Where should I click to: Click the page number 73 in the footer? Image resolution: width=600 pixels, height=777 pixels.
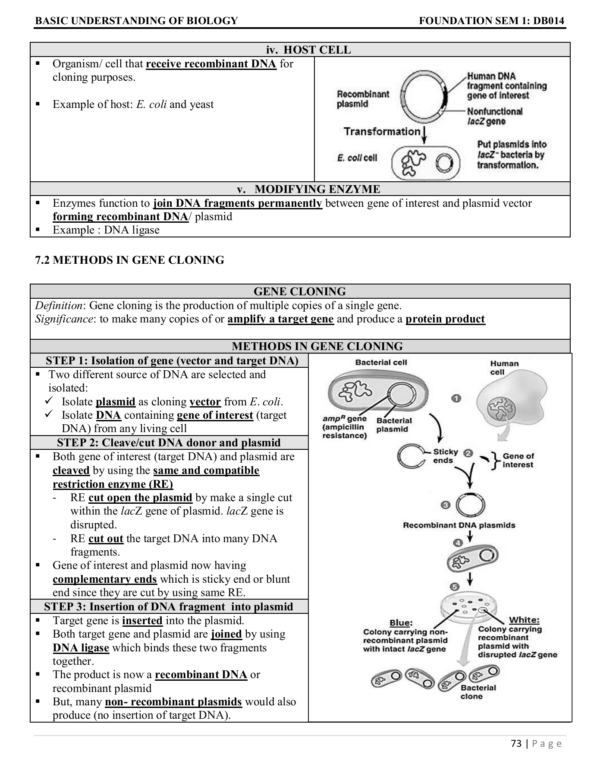516,743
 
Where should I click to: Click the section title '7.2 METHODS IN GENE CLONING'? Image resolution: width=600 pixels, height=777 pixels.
129,260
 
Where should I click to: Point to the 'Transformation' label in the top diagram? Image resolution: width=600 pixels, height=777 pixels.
382,131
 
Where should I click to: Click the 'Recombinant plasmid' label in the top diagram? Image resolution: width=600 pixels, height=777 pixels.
362,99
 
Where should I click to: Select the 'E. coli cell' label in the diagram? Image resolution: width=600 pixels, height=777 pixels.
357,158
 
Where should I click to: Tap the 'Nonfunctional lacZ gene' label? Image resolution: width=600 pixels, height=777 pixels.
494,117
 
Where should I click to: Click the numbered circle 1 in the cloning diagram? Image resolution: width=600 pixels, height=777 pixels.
456,398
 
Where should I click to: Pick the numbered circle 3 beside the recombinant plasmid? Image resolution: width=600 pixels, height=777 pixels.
445,505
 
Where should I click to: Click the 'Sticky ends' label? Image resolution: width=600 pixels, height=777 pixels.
445,456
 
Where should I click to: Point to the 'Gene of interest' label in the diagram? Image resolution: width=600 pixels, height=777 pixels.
518,460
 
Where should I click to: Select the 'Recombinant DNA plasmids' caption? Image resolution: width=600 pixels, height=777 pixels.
459,525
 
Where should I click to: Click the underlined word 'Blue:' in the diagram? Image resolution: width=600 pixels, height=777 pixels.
401,622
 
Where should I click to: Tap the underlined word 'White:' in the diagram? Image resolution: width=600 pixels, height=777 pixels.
524,620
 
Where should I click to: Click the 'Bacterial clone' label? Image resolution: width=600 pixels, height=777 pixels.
478,692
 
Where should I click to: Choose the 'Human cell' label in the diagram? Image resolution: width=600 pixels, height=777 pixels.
504,367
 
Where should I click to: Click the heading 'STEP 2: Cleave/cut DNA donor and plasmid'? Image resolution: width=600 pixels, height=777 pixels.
169,442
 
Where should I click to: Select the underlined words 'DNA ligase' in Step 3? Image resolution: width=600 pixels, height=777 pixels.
81,647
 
